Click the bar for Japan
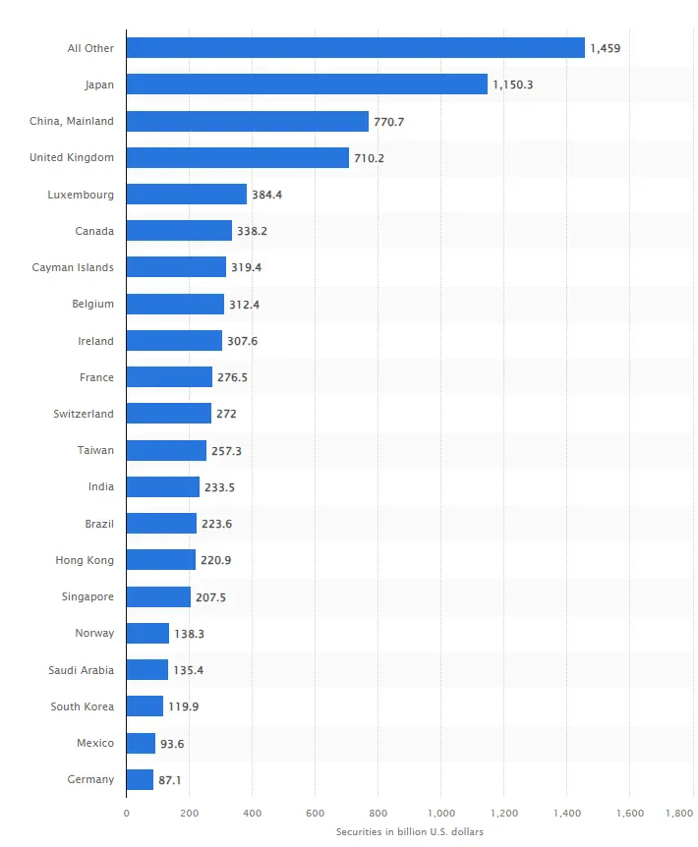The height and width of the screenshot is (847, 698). pyautogui.click(x=307, y=85)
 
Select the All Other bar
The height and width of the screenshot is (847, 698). pyautogui.click(x=355, y=48)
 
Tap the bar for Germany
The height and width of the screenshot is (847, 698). pyautogui.click(x=140, y=779)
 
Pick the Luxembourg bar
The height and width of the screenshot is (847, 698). pyautogui.click(x=187, y=195)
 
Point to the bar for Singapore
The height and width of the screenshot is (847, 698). pyautogui.click(x=158, y=596)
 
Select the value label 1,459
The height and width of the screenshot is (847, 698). pyautogui.click(x=605, y=48)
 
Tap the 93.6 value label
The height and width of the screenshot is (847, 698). pyautogui.click(x=172, y=744)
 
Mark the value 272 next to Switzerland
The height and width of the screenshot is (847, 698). pyautogui.click(x=226, y=415)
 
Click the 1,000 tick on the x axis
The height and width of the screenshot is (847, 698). pyautogui.click(x=440, y=813)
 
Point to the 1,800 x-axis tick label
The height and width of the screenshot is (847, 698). pyautogui.click(x=679, y=813)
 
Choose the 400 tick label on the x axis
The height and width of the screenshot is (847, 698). pyautogui.click(x=252, y=813)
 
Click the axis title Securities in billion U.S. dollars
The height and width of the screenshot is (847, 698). pyautogui.click(x=409, y=832)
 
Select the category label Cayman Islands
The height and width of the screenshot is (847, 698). pyautogui.click(x=73, y=267)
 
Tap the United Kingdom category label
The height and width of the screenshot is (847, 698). pyautogui.click(x=72, y=157)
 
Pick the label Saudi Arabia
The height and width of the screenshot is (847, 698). pyautogui.click(x=81, y=670)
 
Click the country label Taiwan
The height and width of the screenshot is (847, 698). pyautogui.click(x=96, y=450)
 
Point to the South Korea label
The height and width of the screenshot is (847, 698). pyautogui.click(x=83, y=706)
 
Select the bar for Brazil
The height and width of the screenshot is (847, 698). pyautogui.click(x=161, y=524)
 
